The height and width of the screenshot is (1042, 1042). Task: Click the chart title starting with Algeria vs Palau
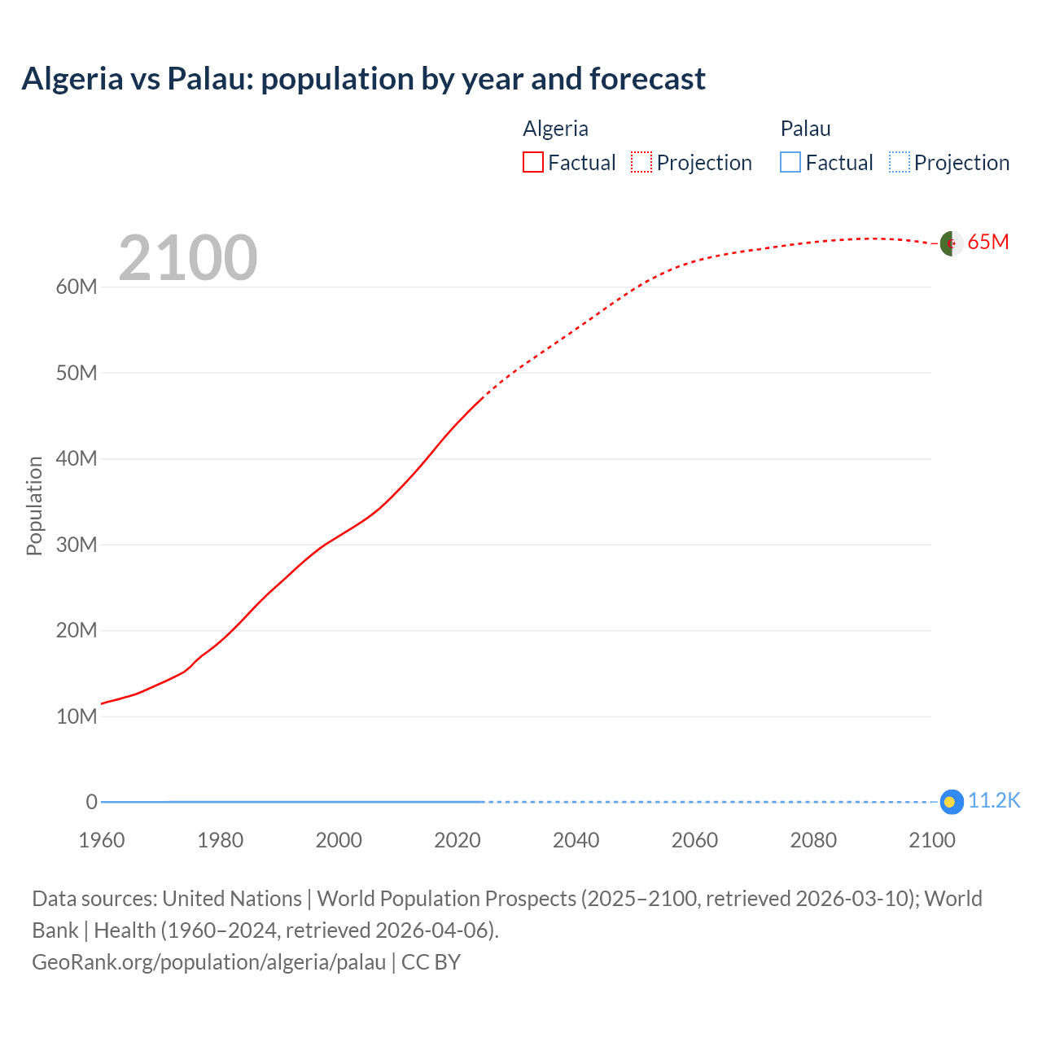(x=363, y=79)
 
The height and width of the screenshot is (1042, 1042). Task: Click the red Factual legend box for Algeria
(x=532, y=162)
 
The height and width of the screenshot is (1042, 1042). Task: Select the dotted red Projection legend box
(x=641, y=162)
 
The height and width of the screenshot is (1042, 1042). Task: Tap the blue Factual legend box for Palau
(x=790, y=162)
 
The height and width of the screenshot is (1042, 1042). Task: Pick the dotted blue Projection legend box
(x=899, y=162)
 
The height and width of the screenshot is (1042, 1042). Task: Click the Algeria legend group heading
(x=555, y=129)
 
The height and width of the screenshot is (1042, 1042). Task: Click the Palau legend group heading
(x=805, y=129)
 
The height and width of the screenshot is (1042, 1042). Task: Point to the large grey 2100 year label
(x=188, y=258)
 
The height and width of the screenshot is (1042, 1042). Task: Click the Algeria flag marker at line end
(x=951, y=243)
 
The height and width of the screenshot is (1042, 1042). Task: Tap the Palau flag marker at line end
(x=951, y=802)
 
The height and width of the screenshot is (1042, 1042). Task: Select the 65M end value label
(x=987, y=243)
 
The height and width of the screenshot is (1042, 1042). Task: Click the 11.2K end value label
(x=993, y=801)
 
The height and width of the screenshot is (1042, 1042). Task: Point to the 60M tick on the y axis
(x=77, y=287)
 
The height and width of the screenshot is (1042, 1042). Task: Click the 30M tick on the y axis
(x=77, y=545)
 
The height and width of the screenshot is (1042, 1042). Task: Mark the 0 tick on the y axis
(x=91, y=802)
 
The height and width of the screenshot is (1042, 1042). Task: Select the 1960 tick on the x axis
(x=102, y=840)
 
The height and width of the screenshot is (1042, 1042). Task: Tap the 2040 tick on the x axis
(x=576, y=840)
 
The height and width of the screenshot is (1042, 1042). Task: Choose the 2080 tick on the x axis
(x=812, y=840)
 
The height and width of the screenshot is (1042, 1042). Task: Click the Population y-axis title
(x=34, y=506)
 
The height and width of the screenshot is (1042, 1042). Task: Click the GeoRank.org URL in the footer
(x=208, y=962)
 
